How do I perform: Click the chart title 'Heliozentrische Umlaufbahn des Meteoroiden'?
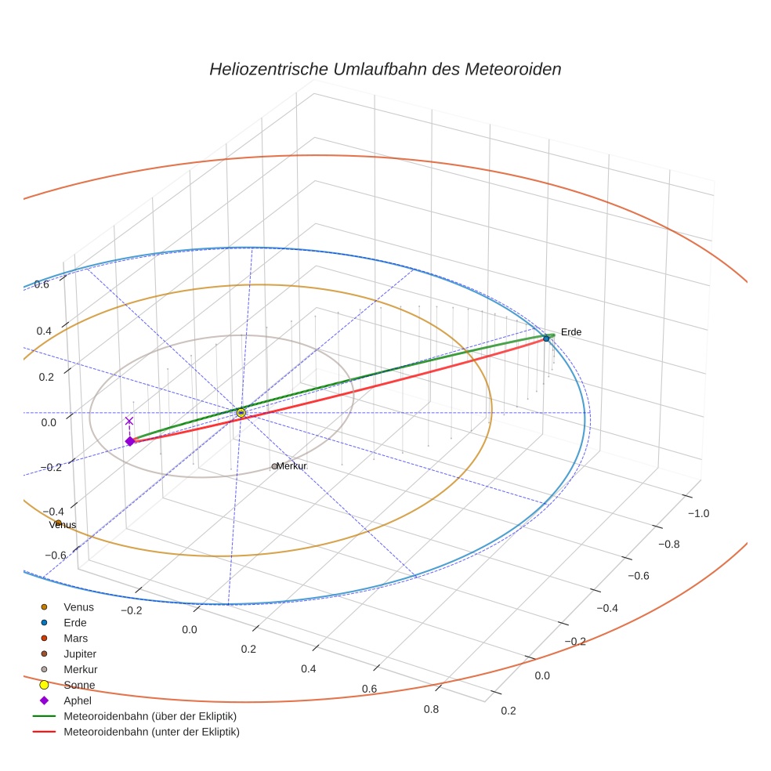(385, 69)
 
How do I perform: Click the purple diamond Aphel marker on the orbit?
(130, 441)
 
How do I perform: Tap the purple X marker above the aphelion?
(129, 422)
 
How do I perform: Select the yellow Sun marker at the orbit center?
(241, 412)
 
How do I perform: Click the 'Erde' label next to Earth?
(571, 332)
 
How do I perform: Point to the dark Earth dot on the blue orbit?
(546, 338)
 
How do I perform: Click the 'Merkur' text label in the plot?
(291, 466)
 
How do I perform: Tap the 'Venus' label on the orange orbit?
(63, 525)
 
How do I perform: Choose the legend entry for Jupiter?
(80, 653)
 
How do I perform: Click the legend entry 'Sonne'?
(79, 685)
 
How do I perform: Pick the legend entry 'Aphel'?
(78, 700)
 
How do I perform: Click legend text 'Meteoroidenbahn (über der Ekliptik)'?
(150, 716)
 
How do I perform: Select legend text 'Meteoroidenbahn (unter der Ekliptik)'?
(151, 732)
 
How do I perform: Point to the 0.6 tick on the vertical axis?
(42, 284)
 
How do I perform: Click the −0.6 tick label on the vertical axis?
(56, 556)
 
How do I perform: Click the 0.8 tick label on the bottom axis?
(431, 709)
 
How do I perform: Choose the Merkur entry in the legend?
(80, 669)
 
